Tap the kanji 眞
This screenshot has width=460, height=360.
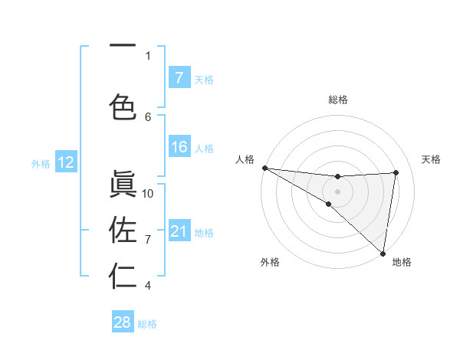123,184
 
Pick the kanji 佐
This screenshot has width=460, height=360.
123,229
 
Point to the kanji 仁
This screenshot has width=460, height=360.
123,276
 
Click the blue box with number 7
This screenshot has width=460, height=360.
179,77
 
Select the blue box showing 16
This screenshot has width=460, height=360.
179,147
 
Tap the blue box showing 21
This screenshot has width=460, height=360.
179,231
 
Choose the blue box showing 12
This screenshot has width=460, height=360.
65,162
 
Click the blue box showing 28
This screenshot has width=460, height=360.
123,322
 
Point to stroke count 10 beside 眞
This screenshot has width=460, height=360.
148,194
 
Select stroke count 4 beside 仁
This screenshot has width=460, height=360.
148,286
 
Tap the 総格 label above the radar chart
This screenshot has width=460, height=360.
338,100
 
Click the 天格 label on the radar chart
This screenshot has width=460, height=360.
432,159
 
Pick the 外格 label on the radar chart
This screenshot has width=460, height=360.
270,262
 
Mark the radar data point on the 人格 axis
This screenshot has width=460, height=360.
264,167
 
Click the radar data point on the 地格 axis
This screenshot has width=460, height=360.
383,253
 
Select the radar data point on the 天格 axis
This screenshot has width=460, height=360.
396,172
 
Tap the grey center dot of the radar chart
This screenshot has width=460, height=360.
338,191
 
